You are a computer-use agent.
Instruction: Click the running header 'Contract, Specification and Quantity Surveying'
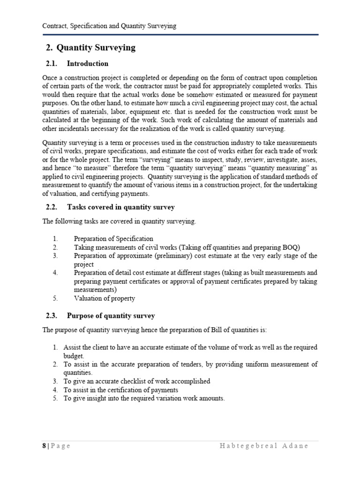click(109, 26)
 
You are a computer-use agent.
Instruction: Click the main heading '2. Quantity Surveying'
click(90, 47)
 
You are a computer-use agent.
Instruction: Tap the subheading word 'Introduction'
click(88, 64)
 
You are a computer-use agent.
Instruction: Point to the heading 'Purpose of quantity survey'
click(111, 316)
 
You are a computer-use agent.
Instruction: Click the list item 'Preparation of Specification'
click(113, 239)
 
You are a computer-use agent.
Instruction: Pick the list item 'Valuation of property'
click(104, 298)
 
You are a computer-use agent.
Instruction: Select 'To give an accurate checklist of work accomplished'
click(137, 381)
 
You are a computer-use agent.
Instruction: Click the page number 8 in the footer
click(44, 446)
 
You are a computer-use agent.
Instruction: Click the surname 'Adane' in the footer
click(295, 446)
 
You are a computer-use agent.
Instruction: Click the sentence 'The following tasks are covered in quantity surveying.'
click(120, 222)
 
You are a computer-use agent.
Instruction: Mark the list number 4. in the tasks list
click(54, 272)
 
